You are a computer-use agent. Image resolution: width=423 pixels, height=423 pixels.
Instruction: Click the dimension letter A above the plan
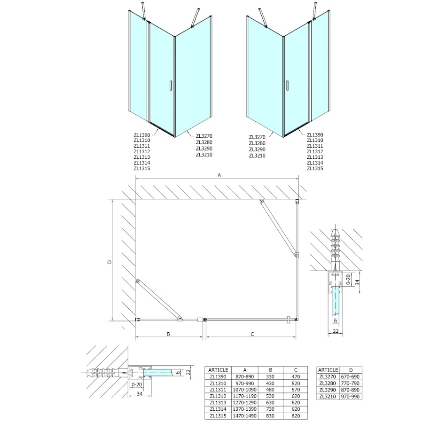[x=219, y=175]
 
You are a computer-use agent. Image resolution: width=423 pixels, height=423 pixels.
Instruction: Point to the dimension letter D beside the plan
[x=109, y=262]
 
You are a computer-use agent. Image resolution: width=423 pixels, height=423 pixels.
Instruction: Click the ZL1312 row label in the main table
[x=218, y=396]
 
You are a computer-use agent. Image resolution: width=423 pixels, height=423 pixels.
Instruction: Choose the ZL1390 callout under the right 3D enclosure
[x=315, y=135]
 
